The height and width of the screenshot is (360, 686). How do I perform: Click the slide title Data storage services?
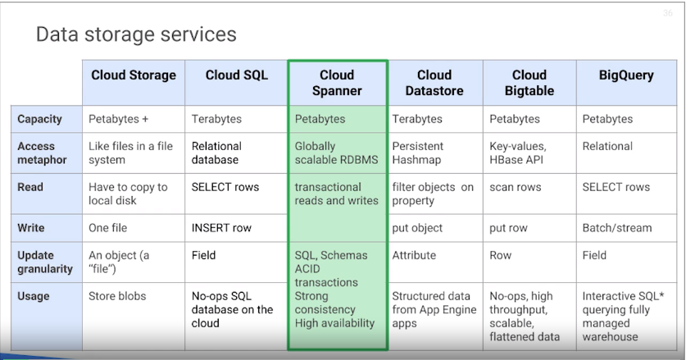tap(136, 34)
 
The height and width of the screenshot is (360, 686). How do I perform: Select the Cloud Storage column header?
tap(134, 75)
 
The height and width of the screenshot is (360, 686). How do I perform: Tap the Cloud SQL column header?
tap(237, 75)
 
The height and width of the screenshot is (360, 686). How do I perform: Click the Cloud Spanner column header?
tap(337, 83)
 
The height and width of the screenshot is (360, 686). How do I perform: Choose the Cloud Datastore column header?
tap(434, 83)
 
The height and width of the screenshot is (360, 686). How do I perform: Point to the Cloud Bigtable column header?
tap(529, 83)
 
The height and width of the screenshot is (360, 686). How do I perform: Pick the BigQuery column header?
tap(626, 75)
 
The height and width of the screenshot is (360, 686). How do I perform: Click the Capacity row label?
tap(39, 119)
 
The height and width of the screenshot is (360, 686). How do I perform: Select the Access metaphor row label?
tap(43, 153)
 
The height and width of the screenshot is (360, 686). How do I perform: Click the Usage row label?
tap(34, 296)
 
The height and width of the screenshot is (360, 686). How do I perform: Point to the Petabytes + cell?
tap(119, 119)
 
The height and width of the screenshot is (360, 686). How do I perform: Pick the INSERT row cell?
tap(221, 228)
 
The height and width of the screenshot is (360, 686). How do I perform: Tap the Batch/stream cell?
tap(617, 228)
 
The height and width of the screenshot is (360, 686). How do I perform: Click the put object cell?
tap(417, 228)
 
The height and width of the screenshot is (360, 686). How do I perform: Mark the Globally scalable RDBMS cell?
tap(336, 153)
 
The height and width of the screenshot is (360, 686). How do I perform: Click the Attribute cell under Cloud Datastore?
tap(414, 255)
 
